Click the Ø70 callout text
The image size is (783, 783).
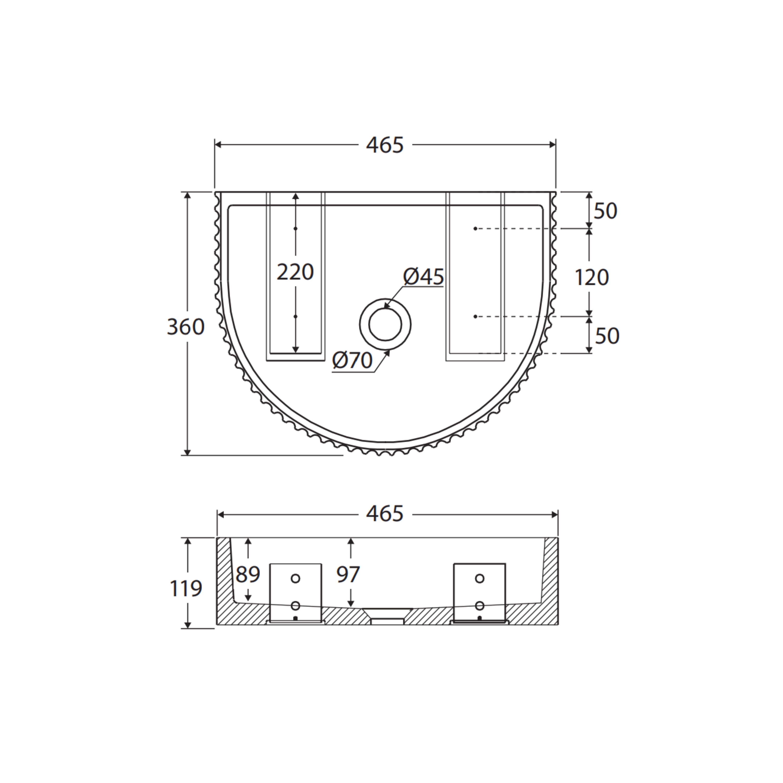(352, 360)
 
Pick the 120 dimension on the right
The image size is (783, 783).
(592, 278)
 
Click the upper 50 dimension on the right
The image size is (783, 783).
(605, 211)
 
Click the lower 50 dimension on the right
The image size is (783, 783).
(607, 336)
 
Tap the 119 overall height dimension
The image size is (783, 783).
(186, 588)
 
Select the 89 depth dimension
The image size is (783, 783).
(248, 574)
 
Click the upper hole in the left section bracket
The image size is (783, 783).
(295, 578)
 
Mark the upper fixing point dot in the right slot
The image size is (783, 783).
(475, 229)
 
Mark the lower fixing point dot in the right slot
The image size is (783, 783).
(475, 317)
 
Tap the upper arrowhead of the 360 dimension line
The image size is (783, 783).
(187, 195)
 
